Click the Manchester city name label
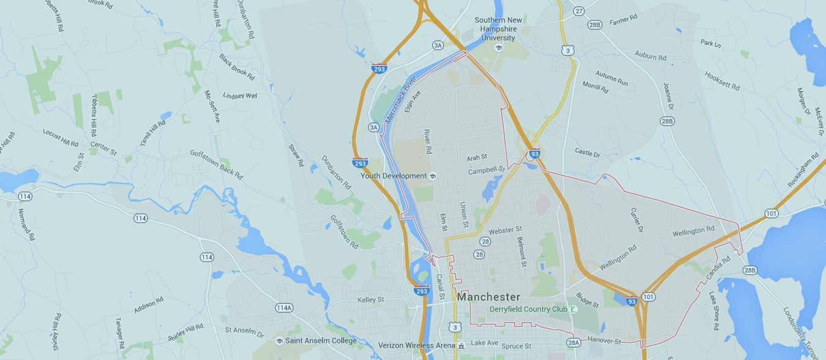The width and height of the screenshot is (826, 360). pyautogui.click(x=488, y=297)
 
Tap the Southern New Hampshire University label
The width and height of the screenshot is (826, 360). pyautogui.click(x=498, y=29)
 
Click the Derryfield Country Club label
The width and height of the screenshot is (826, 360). pyautogui.click(x=529, y=309)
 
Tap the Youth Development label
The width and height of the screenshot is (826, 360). pyautogui.click(x=393, y=176)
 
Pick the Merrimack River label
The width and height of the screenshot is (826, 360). pyautogui.click(x=401, y=101)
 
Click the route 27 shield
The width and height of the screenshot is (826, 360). pyautogui.click(x=579, y=11)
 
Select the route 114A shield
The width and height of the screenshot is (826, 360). pyautogui.click(x=284, y=308)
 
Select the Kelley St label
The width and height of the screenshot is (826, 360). pyautogui.click(x=370, y=300)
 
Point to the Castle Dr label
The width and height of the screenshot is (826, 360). pyautogui.click(x=587, y=151)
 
